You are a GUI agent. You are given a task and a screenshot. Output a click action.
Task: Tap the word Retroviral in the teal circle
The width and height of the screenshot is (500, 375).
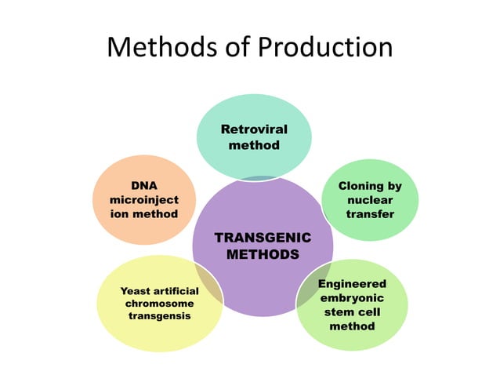coord(254,129)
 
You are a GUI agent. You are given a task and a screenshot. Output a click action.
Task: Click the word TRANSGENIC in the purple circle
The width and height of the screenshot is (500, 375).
coord(263,237)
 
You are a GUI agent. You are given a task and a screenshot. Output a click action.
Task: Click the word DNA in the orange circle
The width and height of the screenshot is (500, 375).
coord(143,186)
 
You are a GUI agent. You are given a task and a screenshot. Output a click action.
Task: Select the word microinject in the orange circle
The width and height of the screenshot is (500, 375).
coord(143,200)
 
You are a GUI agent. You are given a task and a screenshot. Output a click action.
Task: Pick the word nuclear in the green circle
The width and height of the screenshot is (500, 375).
coord(370,200)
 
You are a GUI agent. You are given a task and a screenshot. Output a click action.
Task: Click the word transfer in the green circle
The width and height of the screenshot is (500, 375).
coord(370,214)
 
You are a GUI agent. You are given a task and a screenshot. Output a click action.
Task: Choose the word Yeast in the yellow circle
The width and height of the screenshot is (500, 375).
coord(135,291)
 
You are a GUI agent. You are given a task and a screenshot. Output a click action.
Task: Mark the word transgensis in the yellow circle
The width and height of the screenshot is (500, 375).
coord(159,315)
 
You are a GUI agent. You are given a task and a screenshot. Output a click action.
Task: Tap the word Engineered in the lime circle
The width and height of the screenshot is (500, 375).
coord(352,282)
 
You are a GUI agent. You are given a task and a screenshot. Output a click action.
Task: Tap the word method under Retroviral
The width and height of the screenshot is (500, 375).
coord(254,145)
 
